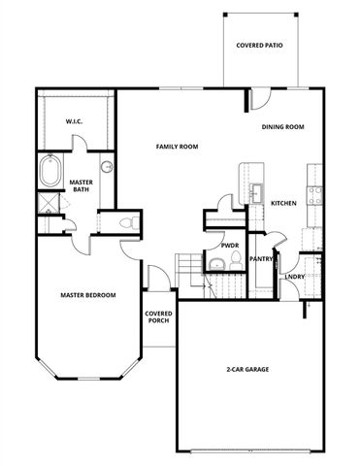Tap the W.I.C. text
[x=73, y=121]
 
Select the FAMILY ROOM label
[x=178, y=147]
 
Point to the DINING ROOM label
[x=283, y=127]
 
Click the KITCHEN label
[x=283, y=203]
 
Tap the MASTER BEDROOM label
[x=88, y=295]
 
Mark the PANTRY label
[x=261, y=259]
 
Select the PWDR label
[x=230, y=246]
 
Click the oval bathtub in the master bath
[x=49, y=176]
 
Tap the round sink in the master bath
[x=107, y=167]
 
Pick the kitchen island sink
[x=258, y=191]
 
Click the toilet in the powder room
[x=215, y=262]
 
